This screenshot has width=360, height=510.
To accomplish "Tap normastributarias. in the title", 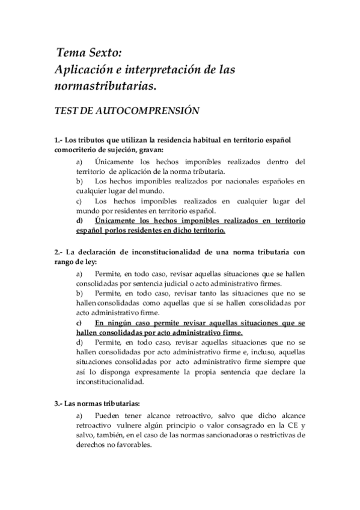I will (105, 87).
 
